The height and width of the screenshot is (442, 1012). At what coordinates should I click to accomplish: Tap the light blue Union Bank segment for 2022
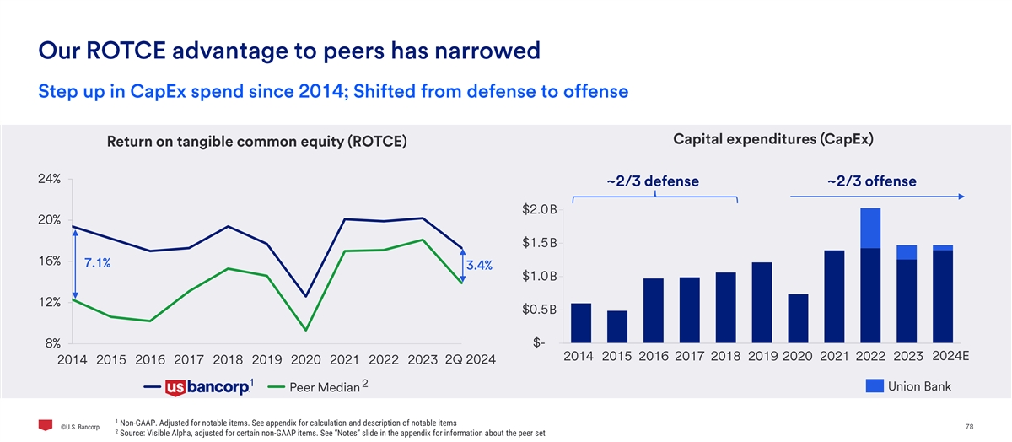871,228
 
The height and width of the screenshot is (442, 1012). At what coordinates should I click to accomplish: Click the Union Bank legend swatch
875,386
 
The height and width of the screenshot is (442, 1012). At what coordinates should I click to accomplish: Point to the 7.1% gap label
97,263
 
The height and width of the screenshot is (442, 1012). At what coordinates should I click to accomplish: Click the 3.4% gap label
479,266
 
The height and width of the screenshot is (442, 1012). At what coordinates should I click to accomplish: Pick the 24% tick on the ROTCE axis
47,179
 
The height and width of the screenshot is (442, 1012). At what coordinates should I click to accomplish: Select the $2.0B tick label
540,208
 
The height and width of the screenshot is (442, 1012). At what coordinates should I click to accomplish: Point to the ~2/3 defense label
653,181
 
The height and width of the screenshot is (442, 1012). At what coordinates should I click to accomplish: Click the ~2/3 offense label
871,181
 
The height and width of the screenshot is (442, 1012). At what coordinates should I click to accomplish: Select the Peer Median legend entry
325,387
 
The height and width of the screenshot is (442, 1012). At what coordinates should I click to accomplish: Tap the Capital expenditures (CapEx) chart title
772,138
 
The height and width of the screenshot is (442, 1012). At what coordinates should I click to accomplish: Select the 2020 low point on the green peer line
305,330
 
